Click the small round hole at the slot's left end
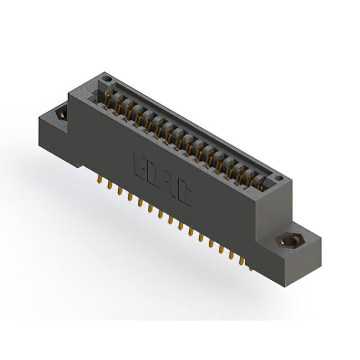(x=107, y=79)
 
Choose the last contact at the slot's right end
(x=260, y=181)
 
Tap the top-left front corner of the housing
(x=69, y=94)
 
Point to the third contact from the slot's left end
(x=129, y=110)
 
